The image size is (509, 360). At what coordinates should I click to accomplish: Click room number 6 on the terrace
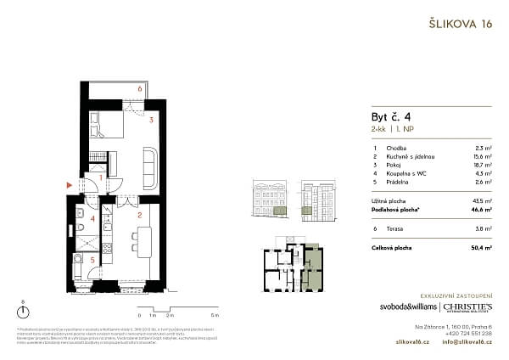click(139, 87)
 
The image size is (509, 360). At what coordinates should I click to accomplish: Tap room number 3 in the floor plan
click(150, 121)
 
